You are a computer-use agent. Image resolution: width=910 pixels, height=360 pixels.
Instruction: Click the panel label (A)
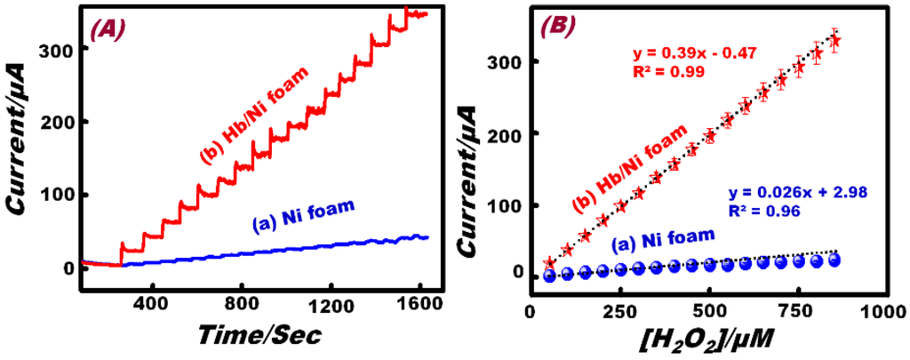click(x=109, y=28)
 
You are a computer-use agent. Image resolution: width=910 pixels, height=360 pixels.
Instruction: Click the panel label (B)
click(x=562, y=28)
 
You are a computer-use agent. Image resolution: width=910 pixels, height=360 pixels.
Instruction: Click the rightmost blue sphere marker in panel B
click(x=834, y=260)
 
